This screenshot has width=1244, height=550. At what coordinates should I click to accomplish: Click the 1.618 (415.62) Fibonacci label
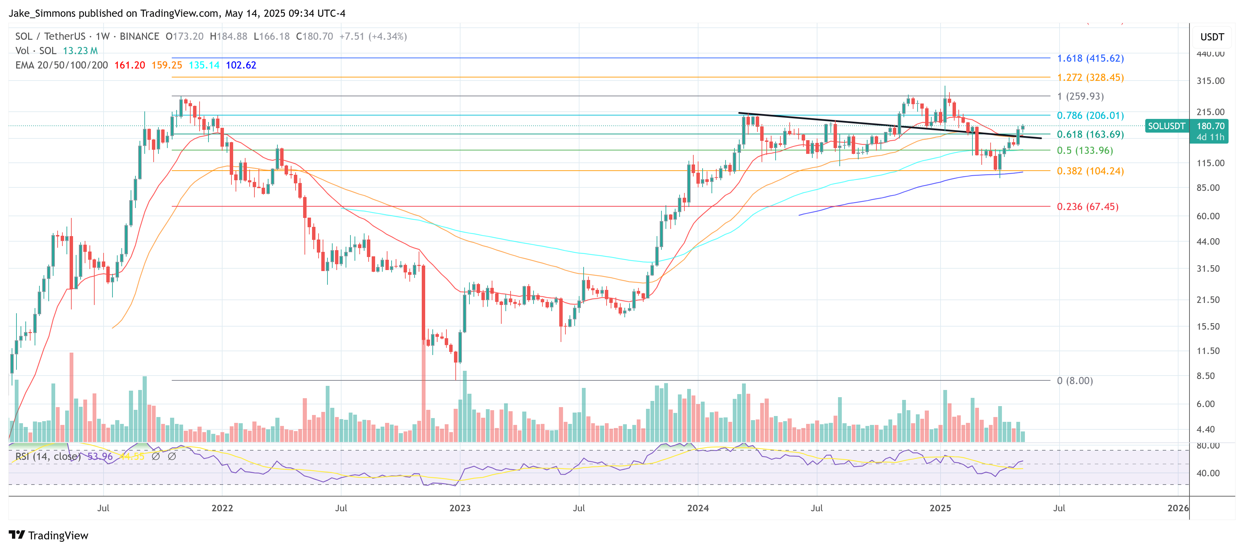1090,58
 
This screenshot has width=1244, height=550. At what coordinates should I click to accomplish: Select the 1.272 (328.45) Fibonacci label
1090,78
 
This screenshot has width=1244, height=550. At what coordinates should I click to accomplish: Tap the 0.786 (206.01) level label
1090,115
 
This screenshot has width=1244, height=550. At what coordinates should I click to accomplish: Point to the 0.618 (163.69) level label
1090,135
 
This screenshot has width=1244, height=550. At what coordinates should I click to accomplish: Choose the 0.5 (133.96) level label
1085,150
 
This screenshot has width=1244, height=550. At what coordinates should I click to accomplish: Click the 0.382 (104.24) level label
1090,171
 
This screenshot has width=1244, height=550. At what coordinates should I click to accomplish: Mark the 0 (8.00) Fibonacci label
1075,381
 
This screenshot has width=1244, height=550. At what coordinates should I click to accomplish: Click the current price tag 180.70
1210,126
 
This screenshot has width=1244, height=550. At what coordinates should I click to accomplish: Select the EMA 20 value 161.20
129,65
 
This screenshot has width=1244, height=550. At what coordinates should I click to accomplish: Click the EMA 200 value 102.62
241,65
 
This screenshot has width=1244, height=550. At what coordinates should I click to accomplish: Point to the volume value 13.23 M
80,51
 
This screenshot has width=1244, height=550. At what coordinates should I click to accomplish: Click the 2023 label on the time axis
460,508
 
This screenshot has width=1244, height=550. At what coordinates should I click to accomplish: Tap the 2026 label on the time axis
1178,508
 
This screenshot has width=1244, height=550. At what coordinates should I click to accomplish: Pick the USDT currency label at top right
1212,37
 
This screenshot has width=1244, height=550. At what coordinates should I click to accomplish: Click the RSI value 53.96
100,456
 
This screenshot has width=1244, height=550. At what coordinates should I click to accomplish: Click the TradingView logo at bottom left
49,536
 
